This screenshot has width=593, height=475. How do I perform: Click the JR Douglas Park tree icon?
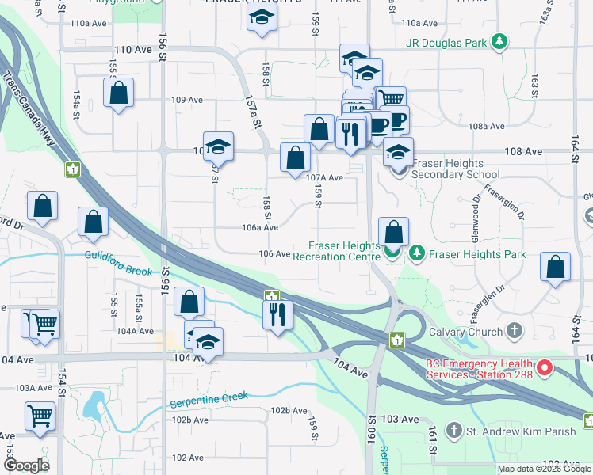click(x=499, y=41)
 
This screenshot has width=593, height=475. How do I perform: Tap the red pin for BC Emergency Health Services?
click(x=544, y=368)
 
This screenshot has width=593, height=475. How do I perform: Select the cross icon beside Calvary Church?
click(x=515, y=330)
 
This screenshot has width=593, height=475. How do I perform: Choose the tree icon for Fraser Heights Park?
click(x=417, y=254)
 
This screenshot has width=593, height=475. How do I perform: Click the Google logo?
click(x=26, y=465)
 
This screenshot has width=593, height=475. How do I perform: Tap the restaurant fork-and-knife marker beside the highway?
click(x=277, y=314)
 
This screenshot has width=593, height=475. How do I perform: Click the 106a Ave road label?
click(x=260, y=227)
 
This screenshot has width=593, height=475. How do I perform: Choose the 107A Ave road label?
click(x=325, y=178)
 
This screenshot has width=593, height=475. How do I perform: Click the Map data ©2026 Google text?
click(x=543, y=469)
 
